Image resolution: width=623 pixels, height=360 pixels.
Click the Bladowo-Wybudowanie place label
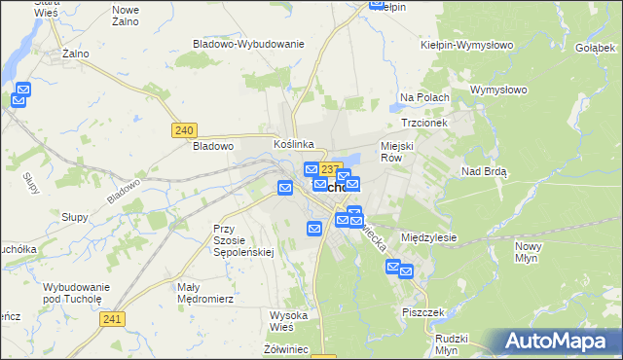249,44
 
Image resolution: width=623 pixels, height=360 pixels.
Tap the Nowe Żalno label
126,15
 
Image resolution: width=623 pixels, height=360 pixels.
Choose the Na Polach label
424,97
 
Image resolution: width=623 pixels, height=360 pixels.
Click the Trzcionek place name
423,124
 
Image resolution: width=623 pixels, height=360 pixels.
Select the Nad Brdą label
485,170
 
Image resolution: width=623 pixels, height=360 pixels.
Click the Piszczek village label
423,312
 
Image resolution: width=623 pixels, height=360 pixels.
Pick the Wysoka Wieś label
289,320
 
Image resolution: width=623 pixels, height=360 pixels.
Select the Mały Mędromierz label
202,293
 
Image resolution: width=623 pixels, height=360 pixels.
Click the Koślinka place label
293,144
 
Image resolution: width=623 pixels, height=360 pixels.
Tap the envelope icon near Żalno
21,94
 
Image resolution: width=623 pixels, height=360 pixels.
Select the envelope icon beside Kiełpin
378,4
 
